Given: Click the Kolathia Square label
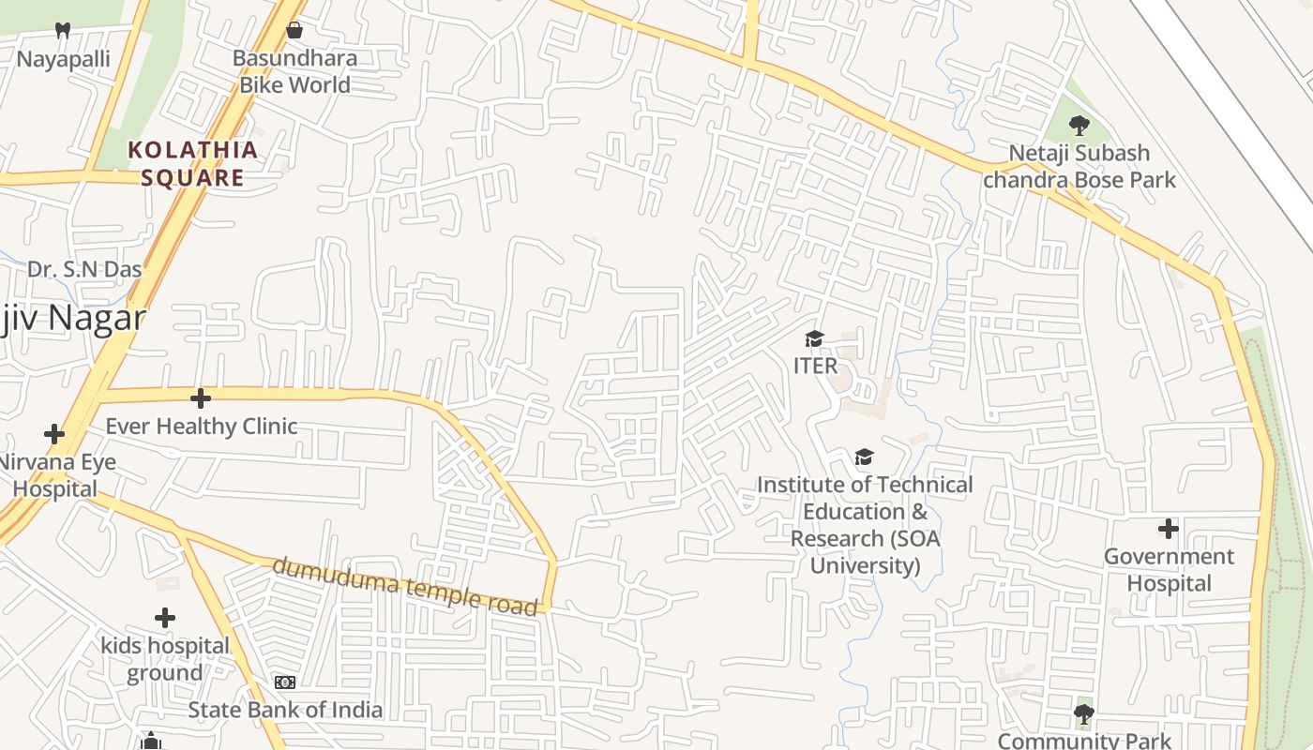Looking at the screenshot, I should [x=192, y=163].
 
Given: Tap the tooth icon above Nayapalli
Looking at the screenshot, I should [x=63, y=30].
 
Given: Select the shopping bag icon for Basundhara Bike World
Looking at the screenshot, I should [x=294, y=30].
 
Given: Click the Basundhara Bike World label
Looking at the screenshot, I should [x=294, y=71].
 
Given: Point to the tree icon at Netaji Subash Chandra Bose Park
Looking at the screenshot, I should [x=1079, y=124].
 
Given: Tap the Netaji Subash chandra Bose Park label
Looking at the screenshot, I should [x=1079, y=166].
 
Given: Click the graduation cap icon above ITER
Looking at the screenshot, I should [x=814, y=337].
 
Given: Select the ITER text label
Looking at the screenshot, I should [x=815, y=366].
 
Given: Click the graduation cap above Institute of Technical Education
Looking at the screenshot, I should [x=864, y=457].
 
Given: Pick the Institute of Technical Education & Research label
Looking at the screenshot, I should [x=865, y=525].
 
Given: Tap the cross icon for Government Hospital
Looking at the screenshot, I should [x=1168, y=529].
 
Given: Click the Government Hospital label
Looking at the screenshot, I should [x=1169, y=569].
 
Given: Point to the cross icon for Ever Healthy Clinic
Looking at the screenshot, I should [x=200, y=398].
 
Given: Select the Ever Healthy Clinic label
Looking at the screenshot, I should [x=201, y=426].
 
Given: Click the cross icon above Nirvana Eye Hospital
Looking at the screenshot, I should [x=54, y=434].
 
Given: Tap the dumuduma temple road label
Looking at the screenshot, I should [x=405, y=586].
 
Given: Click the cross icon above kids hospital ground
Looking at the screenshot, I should [x=165, y=618].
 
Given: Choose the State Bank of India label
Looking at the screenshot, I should [x=285, y=710].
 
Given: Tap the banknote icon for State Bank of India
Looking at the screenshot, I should [x=285, y=682].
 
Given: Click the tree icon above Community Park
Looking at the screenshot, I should [x=1083, y=714].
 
